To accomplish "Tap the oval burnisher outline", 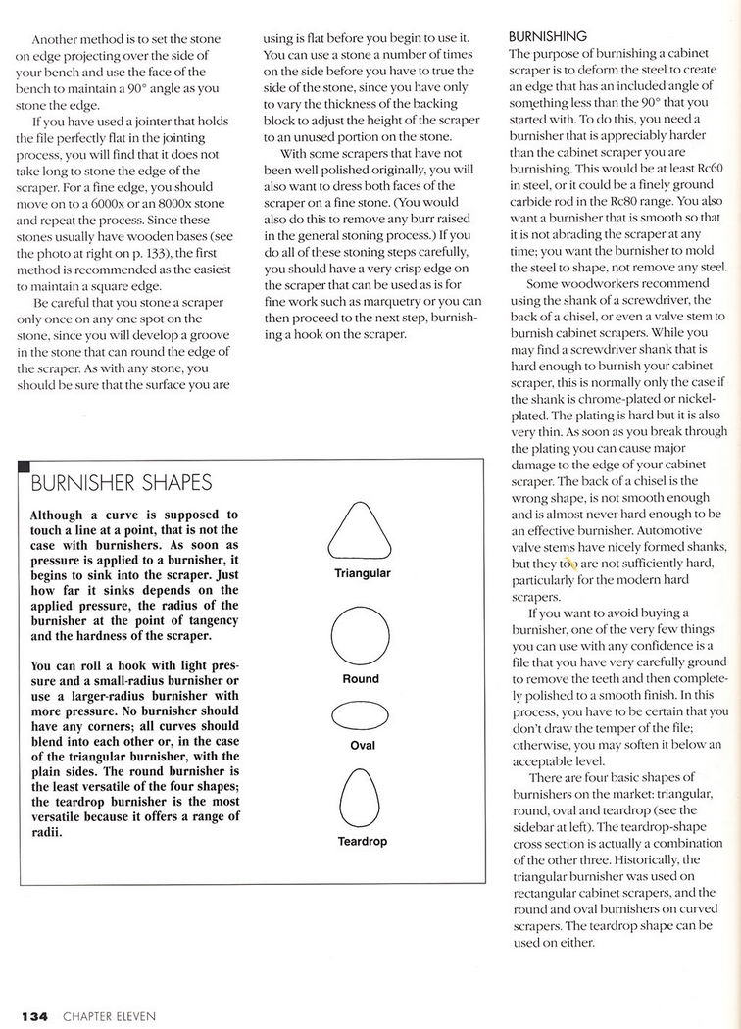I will coord(361,717).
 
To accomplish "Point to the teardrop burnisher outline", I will coord(361,795).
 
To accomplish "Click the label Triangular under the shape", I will coord(362,573).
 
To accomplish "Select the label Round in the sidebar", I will coord(361,678).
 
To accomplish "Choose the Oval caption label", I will coord(362,746).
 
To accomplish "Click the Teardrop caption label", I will coord(362,841).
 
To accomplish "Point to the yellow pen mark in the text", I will coord(570,563).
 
